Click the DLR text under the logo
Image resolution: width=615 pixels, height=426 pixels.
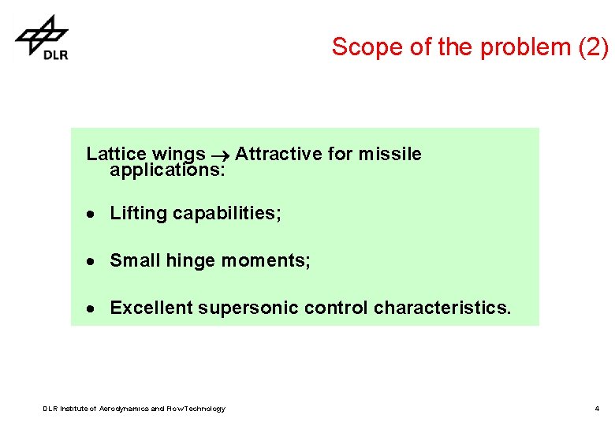pos(55,54)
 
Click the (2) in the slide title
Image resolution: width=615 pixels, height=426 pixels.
pos(593,47)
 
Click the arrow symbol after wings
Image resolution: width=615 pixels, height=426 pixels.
pos(220,155)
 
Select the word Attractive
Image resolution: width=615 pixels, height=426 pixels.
pos(278,154)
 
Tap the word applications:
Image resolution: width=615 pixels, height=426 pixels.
pos(168,170)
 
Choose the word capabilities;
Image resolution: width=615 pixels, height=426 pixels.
pos(227,214)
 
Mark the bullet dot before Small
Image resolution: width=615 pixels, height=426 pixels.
pos(92,261)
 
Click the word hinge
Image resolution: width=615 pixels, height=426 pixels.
pos(189,261)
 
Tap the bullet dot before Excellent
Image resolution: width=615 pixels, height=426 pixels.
pos(92,308)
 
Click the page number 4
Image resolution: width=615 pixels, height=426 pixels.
pos(597,409)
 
